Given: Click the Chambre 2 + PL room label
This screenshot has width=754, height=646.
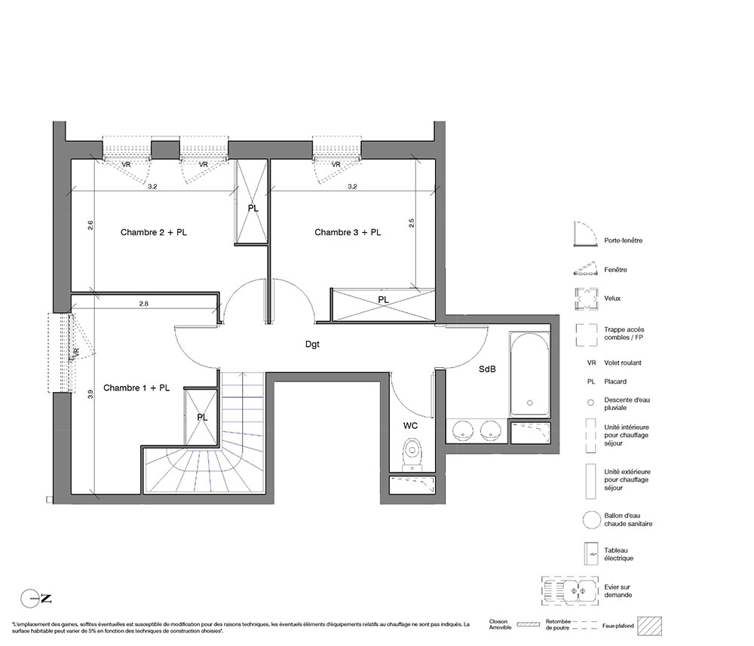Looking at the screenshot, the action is click(x=153, y=232).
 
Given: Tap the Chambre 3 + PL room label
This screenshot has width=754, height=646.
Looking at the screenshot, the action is click(x=348, y=232).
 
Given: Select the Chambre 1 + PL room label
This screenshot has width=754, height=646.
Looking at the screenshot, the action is click(x=136, y=388).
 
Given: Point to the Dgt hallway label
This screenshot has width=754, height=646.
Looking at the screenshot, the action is click(x=312, y=344).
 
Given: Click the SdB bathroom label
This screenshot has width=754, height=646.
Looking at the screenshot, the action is click(x=487, y=369).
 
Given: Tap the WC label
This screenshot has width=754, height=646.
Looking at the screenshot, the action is click(x=411, y=426).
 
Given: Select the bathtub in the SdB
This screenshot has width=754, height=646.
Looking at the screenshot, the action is click(x=529, y=375).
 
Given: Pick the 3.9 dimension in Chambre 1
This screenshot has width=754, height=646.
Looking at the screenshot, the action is click(x=90, y=395).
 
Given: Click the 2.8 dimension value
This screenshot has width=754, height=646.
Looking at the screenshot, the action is click(x=143, y=304).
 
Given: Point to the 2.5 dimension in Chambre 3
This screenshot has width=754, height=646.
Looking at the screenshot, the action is click(x=411, y=223).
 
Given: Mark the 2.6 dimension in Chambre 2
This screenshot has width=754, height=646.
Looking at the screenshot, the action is click(x=90, y=225).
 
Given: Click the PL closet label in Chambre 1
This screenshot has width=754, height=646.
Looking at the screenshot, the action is click(x=202, y=418).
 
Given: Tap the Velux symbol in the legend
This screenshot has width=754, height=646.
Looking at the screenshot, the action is click(x=586, y=299).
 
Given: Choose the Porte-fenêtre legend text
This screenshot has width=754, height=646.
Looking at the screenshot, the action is click(x=624, y=240).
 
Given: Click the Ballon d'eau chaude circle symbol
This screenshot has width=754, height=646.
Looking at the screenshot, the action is click(x=592, y=520).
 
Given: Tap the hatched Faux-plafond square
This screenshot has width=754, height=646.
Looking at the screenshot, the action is click(x=649, y=626).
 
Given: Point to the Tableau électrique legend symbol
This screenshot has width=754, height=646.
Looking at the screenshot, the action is click(x=590, y=554).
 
